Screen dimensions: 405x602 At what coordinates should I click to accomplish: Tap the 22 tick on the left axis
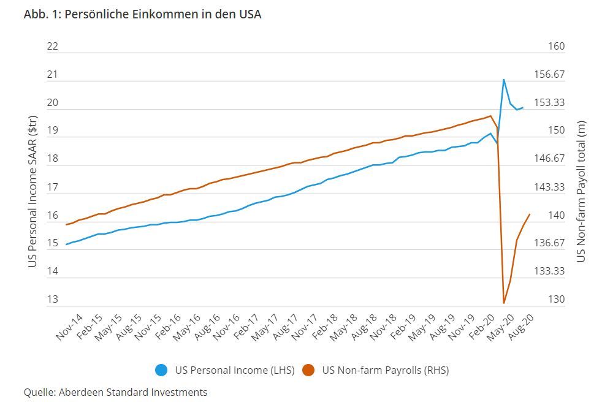[52, 47]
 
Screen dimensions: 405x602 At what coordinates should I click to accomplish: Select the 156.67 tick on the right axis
[550, 75]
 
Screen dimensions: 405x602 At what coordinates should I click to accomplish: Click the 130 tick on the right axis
[555, 300]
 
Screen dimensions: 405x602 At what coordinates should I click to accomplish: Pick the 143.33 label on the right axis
[550, 187]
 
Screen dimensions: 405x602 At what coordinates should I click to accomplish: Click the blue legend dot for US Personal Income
[162, 370]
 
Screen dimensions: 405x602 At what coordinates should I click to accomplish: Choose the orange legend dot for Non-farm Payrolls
[308, 370]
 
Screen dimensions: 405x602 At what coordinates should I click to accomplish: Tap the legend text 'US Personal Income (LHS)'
[235, 370]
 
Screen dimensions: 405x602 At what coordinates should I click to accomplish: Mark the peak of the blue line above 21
[504, 80]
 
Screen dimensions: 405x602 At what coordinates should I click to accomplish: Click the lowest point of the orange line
[504, 303]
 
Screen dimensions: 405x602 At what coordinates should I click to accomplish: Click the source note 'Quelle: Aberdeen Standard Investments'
[115, 392]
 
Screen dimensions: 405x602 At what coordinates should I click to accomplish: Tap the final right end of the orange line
[530, 214]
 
